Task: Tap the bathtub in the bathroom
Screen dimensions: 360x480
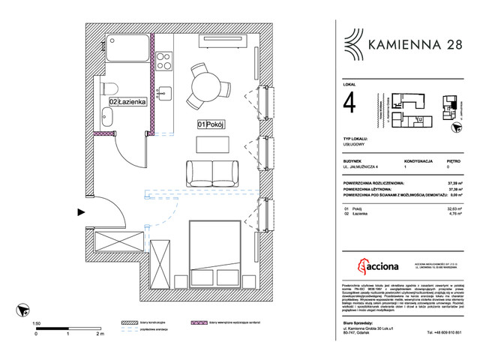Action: tap(125, 48)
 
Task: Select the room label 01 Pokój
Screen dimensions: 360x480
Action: tap(212, 124)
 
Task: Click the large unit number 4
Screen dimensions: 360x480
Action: tap(349, 103)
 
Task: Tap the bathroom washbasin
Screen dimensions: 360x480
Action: tap(106, 116)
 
